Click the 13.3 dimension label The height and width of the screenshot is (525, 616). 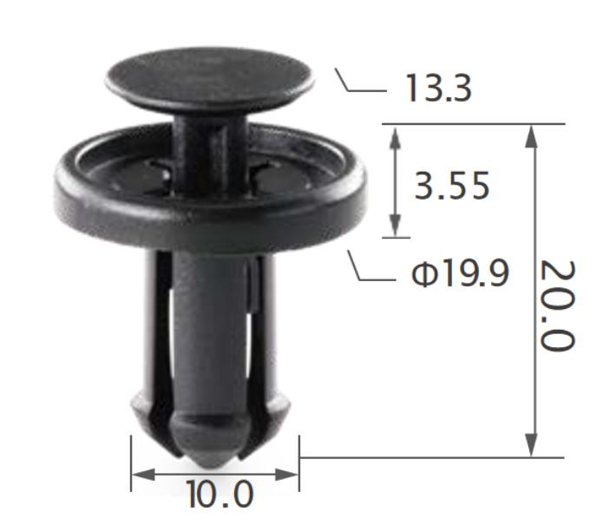(x=438, y=88)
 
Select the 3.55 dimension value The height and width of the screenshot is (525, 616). (x=452, y=185)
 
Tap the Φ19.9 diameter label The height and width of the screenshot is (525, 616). (x=460, y=272)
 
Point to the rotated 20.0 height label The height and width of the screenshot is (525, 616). (x=558, y=305)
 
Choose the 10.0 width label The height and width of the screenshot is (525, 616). (x=220, y=494)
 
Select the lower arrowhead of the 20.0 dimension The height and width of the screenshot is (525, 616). (x=531, y=445)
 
